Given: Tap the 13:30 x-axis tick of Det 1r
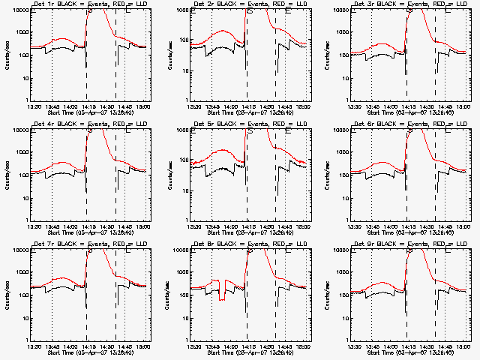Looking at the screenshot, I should coord(32,107).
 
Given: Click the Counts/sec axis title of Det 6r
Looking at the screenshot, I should coord(329,175).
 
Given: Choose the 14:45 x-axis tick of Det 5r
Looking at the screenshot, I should coord(286,227).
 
